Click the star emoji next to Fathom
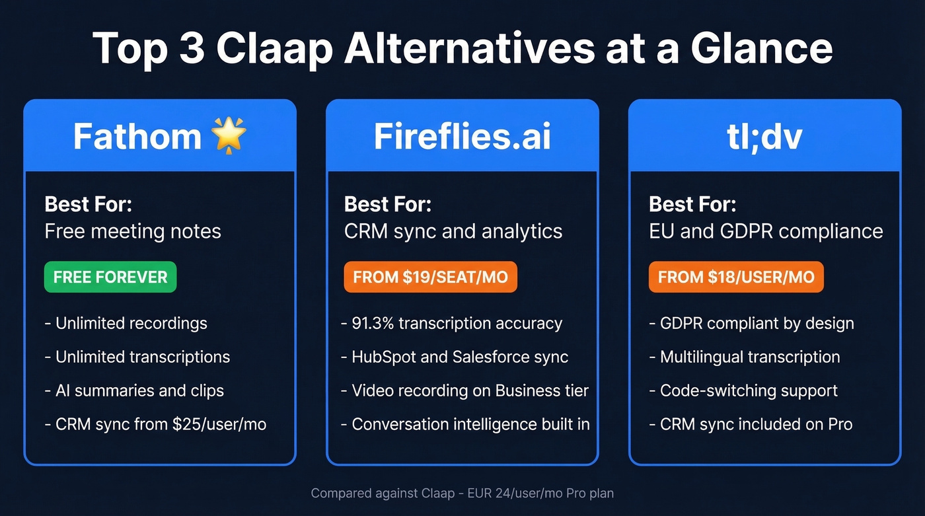229,135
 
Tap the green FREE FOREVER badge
110,277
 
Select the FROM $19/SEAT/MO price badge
430,277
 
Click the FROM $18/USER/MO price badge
736,277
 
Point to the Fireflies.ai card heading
462,136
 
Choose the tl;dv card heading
764,136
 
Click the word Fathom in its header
137,136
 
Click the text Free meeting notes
133,231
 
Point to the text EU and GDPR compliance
766,231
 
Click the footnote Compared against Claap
462,493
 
